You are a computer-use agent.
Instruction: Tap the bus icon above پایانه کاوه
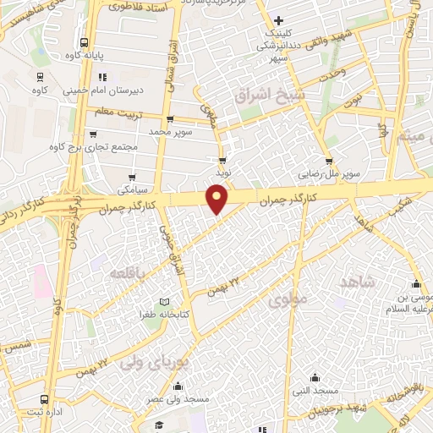(x=84, y=43)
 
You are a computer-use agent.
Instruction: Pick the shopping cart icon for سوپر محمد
(x=172, y=119)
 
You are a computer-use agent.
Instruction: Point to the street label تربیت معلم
(x=115, y=110)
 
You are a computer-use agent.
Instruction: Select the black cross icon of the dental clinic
(x=278, y=19)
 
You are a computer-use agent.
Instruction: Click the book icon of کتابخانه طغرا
(x=164, y=303)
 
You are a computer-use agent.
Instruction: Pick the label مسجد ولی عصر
(x=161, y=397)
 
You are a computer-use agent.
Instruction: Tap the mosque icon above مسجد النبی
(x=315, y=378)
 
